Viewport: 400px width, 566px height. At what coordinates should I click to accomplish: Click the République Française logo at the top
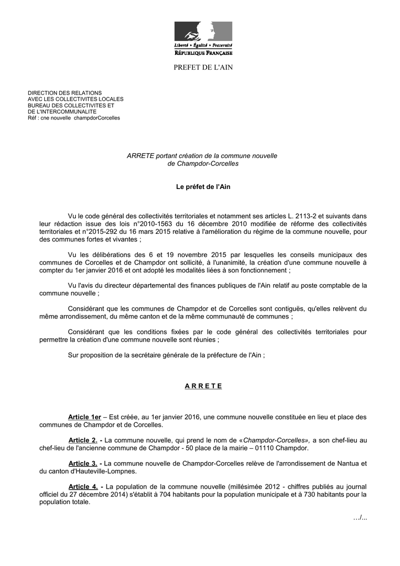203,38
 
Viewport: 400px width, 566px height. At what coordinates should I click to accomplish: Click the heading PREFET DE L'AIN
203,67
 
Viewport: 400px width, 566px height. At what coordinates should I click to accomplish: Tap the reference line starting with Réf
74,118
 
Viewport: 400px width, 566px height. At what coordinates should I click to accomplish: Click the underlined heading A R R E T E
203,386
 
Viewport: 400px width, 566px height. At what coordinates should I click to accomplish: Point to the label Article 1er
85,417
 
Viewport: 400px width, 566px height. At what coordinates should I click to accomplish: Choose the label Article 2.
83,440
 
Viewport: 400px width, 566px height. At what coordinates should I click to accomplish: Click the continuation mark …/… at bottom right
360,517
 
